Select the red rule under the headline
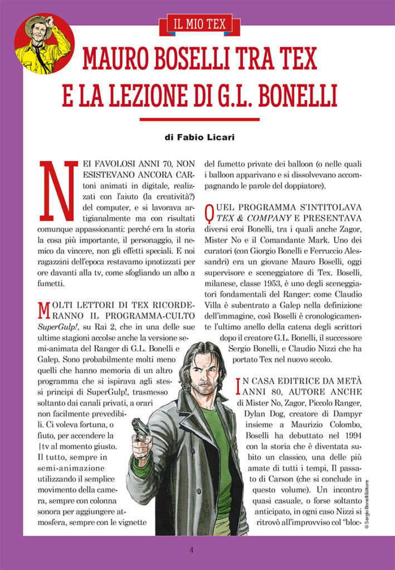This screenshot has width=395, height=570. point(199,119)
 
